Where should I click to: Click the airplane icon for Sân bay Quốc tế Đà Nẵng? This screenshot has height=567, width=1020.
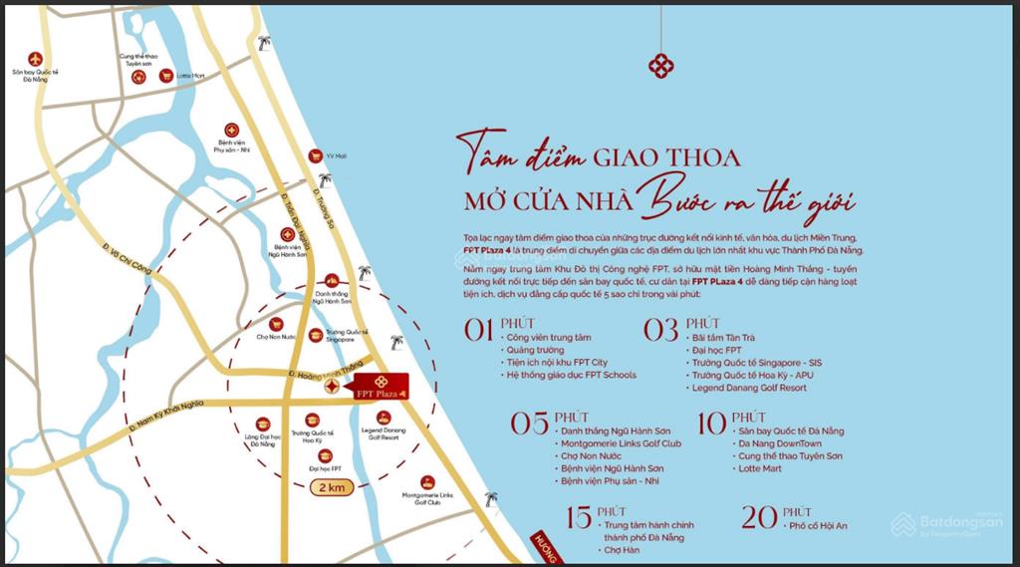tap(36, 59)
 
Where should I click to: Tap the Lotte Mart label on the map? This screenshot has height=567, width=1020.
tap(189, 76)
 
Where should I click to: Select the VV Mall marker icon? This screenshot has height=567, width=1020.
tap(315, 156)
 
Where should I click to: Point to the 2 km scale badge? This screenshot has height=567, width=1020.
tap(330, 488)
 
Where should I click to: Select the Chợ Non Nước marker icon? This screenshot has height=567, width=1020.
tap(276, 324)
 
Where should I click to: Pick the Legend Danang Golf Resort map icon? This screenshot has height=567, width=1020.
tap(383, 418)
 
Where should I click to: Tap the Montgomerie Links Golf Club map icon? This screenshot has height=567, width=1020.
tap(427, 482)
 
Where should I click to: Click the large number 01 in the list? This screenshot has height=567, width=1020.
tap(479, 330)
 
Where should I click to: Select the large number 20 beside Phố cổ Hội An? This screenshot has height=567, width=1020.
tap(760, 517)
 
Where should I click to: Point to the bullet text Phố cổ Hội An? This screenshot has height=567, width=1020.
tap(821, 525)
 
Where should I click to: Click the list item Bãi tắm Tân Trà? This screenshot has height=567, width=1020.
tap(722, 338)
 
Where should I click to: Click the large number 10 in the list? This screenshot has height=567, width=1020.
tap(711, 424)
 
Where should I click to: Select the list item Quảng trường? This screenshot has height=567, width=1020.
tap(534, 350)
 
